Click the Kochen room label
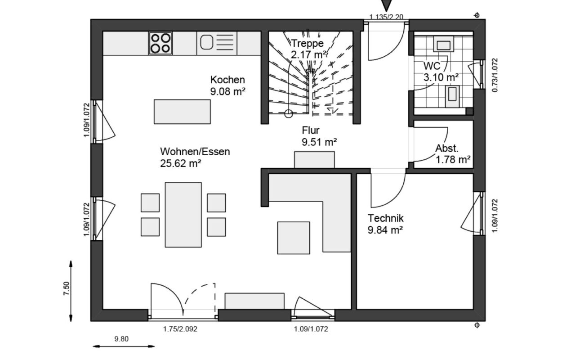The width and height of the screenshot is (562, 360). [x=227, y=80]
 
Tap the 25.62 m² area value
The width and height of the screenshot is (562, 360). [x=181, y=163]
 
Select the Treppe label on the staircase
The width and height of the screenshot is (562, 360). [x=308, y=43]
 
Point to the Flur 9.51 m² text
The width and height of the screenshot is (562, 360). [x=319, y=136]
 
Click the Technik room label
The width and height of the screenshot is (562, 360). [x=386, y=218]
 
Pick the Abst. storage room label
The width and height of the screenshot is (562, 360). [x=447, y=148]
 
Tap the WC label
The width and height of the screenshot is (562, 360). [x=432, y=66]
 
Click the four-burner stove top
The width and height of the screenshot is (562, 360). [x=161, y=43]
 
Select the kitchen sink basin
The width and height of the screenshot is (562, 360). [x=207, y=42]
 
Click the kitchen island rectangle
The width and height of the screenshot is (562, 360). [x=182, y=112]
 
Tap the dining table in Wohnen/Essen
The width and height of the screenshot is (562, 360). [x=183, y=215]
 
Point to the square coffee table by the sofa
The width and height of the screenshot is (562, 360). [x=294, y=238]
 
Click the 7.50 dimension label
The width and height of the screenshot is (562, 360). [x=67, y=288]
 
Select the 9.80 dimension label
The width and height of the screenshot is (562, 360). [x=121, y=339]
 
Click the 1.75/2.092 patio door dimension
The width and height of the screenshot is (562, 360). [x=180, y=329]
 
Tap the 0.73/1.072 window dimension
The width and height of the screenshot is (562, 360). [x=495, y=75]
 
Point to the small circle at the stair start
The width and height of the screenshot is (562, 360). [x=289, y=114]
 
